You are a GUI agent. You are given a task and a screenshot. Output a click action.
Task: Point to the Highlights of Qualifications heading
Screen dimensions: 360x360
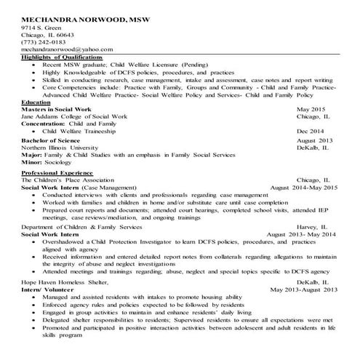[x=62, y=57]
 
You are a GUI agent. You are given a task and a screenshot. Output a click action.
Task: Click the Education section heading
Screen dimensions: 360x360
[x=37, y=103]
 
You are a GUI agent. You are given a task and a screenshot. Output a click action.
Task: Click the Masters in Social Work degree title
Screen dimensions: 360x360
[x=57, y=110]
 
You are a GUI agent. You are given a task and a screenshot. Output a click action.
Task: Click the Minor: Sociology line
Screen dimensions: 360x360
[x=44, y=163]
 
